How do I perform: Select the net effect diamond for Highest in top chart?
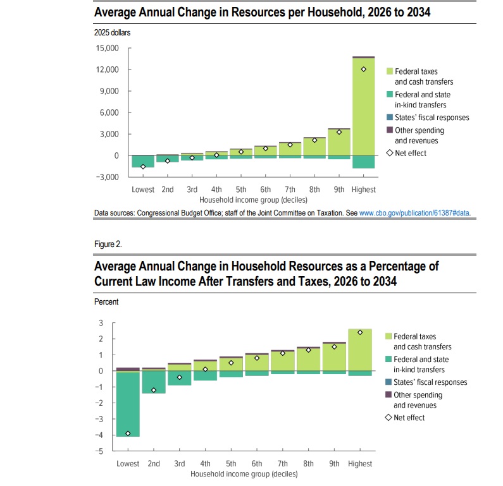[x=364, y=69]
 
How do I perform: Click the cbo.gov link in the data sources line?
[x=414, y=213]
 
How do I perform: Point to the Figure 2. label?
[x=108, y=243]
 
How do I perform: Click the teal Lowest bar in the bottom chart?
[x=128, y=404]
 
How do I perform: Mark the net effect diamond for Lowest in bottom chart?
[x=128, y=434]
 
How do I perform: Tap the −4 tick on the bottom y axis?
[x=99, y=435]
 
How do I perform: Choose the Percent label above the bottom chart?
[x=106, y=302]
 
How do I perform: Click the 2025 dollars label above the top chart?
[x=112, y=32]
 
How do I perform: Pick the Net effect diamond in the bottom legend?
[x=388, y=418]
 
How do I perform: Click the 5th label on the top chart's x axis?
[x=241, y=190]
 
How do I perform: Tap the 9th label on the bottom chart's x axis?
[x=334, y=464]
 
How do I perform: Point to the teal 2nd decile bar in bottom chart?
[x=154, y=382]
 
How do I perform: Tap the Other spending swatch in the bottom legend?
[x=388, y=394]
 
